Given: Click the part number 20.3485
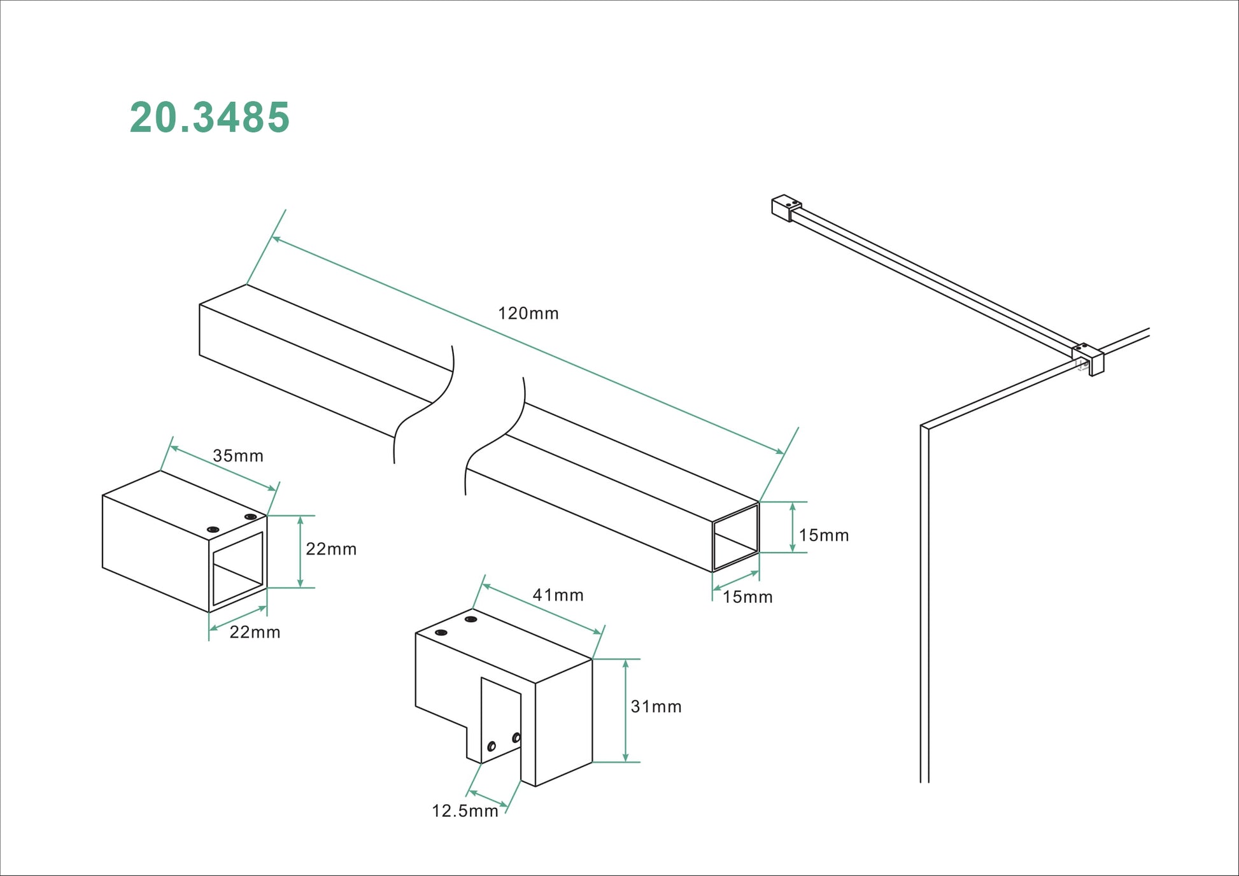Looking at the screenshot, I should click(x=209, y=118).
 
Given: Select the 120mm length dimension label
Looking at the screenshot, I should click(x=528, y=313).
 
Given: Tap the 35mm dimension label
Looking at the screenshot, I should click(x=237, y=456).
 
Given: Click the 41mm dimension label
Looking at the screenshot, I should click(x=558, y=595).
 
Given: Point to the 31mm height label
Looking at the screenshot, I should click(x=656, y=707).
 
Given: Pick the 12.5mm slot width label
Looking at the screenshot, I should click(x=465, y=811).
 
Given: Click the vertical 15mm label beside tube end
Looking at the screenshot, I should click(x=823, y=535).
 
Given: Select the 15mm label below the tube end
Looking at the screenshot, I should click(x=747, y=597).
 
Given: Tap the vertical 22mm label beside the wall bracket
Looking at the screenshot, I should click(x=330, y=549).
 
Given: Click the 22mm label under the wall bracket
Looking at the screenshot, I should click(x=255, y=632).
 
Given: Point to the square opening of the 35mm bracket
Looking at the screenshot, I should click(x=238, y=569).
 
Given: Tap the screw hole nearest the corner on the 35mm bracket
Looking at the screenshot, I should click(x=250, y=516).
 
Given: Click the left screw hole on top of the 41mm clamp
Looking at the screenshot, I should click(x=441, y=633).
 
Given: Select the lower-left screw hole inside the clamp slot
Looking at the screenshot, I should click(x=492, y=745).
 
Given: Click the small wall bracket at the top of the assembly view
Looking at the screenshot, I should click(x=785, y=208).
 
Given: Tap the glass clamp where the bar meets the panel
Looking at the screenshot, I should click(x=1089, y=359).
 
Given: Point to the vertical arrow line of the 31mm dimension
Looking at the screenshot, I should click(x=626, y=710).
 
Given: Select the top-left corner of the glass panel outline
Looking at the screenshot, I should click(x=922, y=426).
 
